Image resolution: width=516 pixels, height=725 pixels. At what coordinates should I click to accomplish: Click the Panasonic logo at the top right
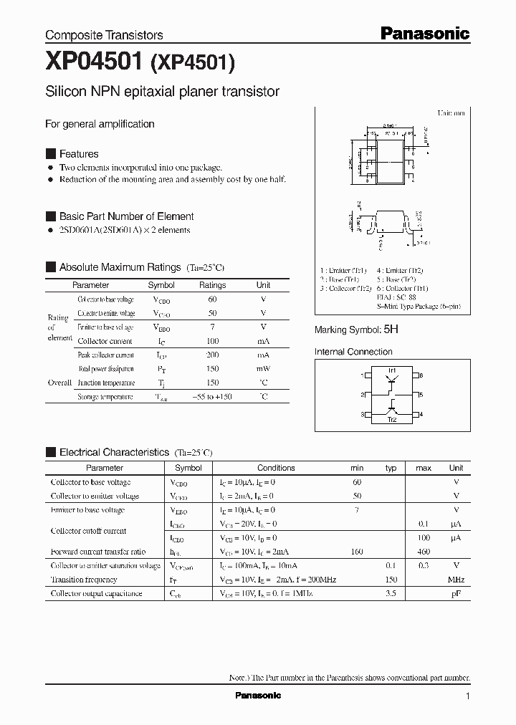[424, 33]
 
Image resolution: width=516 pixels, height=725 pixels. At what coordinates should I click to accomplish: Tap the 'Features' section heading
[78, 154]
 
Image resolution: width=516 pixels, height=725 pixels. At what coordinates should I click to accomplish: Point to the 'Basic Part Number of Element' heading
[126, 216]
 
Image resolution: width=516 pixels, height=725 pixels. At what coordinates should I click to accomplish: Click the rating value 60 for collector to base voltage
[212, 299]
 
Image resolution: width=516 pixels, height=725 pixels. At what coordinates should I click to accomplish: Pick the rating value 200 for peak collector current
[212, 355]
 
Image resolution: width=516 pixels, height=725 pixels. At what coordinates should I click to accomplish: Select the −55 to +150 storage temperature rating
[212, 396]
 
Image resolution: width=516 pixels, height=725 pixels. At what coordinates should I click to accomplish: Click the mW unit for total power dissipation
[263, 369]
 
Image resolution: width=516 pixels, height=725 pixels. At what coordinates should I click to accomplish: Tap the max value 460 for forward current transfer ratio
[424, 552]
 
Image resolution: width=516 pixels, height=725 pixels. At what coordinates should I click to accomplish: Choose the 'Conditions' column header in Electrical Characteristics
[276, 468]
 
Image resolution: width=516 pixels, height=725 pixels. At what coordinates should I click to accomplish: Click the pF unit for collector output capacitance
[456, 593]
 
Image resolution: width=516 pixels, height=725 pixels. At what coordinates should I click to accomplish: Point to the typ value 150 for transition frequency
[391, 580]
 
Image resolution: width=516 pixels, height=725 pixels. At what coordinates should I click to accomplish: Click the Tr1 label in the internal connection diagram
[392, 370]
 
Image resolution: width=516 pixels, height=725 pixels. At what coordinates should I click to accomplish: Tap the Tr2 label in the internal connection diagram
[392, 420]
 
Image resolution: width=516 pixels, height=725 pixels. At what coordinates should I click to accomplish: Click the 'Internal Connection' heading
[353, 352]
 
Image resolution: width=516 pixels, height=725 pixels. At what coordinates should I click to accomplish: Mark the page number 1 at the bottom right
[468, 696]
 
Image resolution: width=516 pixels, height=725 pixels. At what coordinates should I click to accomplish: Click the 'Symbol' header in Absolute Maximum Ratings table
[161, 285]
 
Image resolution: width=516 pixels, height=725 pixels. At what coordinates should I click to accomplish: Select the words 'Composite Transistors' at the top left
[104, 34]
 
